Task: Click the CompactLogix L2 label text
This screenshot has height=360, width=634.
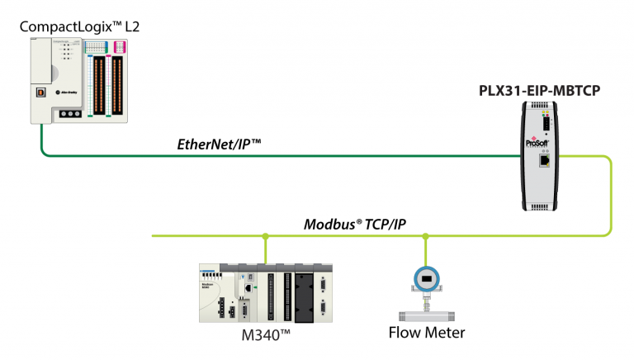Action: coord(79,27)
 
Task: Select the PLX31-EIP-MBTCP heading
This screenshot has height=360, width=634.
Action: coord(539,91)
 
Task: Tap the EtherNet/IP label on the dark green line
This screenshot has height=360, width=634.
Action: coord(219,144)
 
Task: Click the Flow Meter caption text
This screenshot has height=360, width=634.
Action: coord(427,334)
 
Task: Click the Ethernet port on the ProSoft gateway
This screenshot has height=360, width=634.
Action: coord(545,160)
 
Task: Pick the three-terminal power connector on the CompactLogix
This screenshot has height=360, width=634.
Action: coord(72,115)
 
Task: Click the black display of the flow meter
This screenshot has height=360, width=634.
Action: coord(425,280)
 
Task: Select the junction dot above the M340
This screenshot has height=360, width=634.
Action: coord(265,237)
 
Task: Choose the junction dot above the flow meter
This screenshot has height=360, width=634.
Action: coord(426,237)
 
